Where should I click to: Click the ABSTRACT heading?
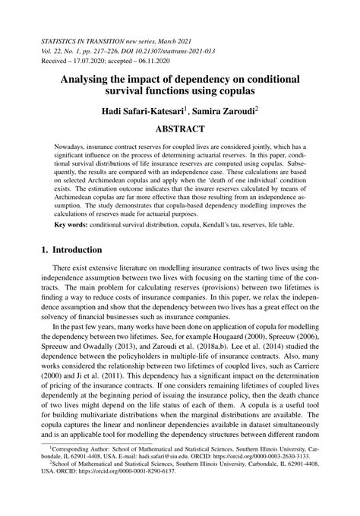point(179,130)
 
